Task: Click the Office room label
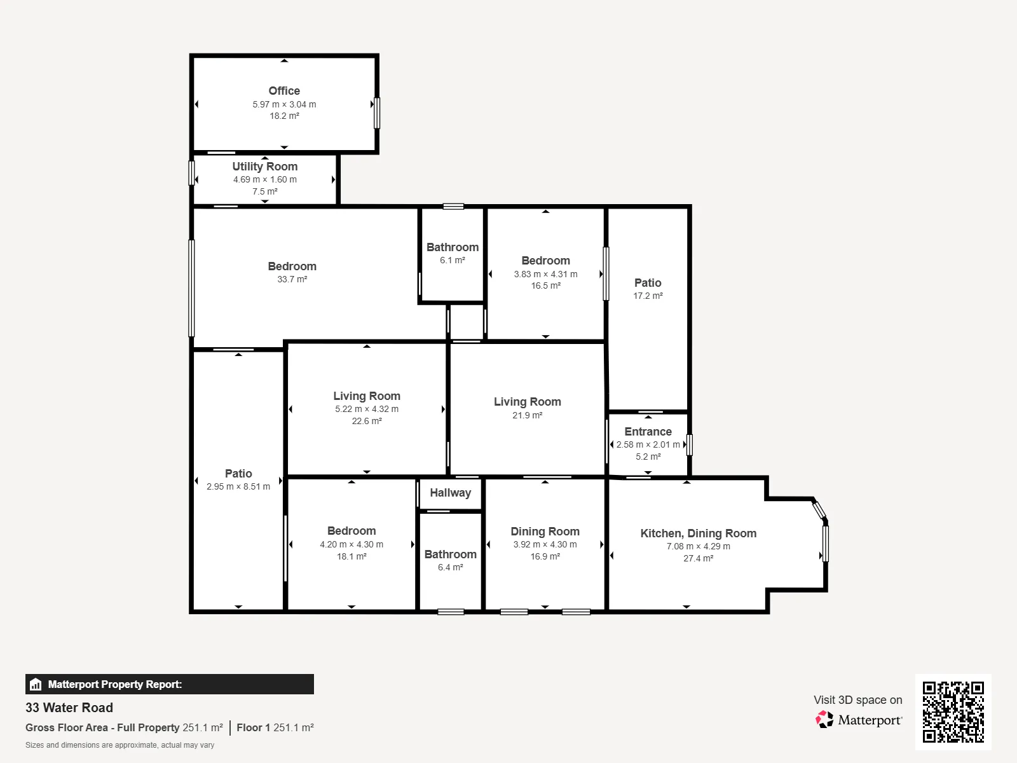[284, 91]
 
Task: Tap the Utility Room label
[264, 167]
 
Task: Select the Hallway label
[451, 492]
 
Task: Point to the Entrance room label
[648, 432]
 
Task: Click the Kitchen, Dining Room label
[698, 533]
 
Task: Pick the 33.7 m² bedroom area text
[292, 279]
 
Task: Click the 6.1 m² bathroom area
[452, 260]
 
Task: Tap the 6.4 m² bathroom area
[451, 568]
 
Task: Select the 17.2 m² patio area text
[648, 296]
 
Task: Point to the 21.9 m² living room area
[528, 416]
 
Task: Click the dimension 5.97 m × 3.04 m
[284, 105]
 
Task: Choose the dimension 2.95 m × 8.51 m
[238, 487]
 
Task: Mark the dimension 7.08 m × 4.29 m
[698, 547]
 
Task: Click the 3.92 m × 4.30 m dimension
[545, 545]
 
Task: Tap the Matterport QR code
[953, 712]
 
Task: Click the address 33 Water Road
[69, 708]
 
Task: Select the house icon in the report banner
[36, 684]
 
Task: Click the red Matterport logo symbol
[824, 720]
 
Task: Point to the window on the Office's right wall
[377, 113]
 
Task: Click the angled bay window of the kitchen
[819, 509]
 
